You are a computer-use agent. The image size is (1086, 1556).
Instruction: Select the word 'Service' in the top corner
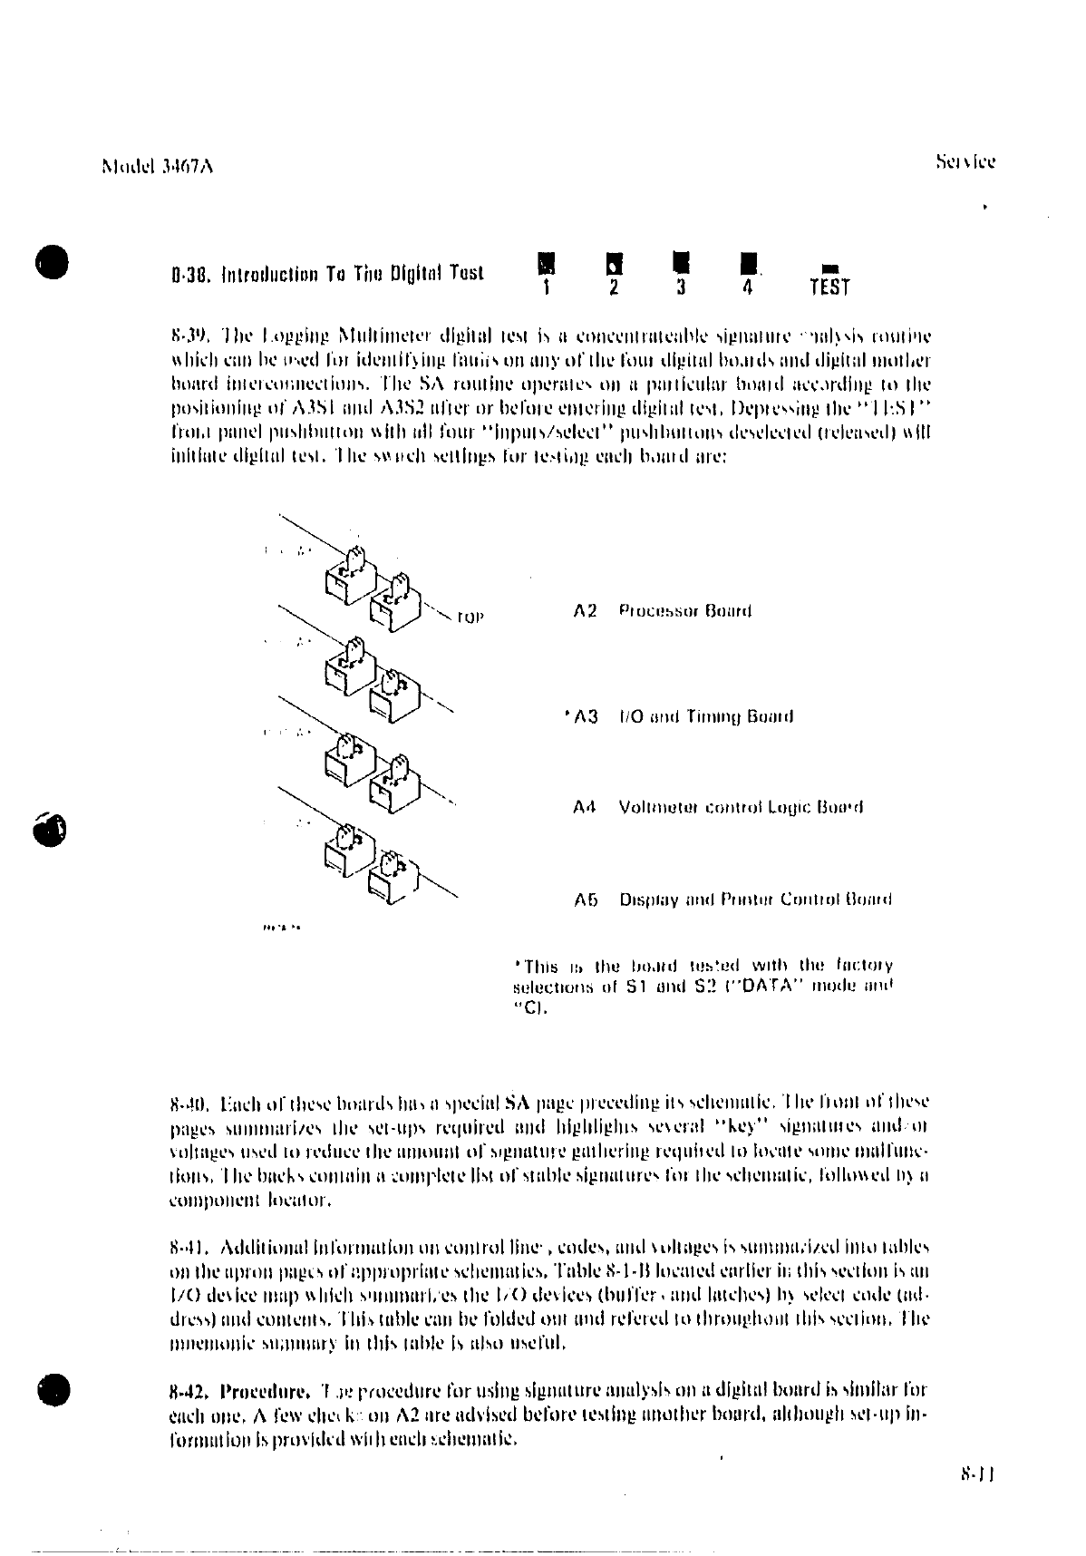pyautogui.click(x=965, y=163)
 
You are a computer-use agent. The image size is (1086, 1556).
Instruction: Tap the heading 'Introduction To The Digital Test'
pyautogui.click(x=327, y=273)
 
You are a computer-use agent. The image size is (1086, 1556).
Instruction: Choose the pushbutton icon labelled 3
pyautogui.click(x=681, y=263)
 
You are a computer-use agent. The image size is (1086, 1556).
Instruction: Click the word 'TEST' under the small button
pyautogui.click(x=829, y=288)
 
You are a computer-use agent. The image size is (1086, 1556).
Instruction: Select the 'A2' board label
pyautogui.click(x=586, y=611)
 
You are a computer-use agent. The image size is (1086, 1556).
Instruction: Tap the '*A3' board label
pyautogui.click(x=582, y=717)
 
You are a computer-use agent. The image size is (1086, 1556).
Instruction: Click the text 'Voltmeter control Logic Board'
pyautogui.click(x=741, y=807)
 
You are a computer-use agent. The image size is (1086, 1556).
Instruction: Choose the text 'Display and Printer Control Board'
pyautogui.click(x=755, y=900)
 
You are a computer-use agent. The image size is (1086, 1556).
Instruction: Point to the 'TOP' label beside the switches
pyautogui.click(x=470, y=618)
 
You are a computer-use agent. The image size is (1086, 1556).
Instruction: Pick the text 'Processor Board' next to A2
pyautogui.click(x=685, y=611)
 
